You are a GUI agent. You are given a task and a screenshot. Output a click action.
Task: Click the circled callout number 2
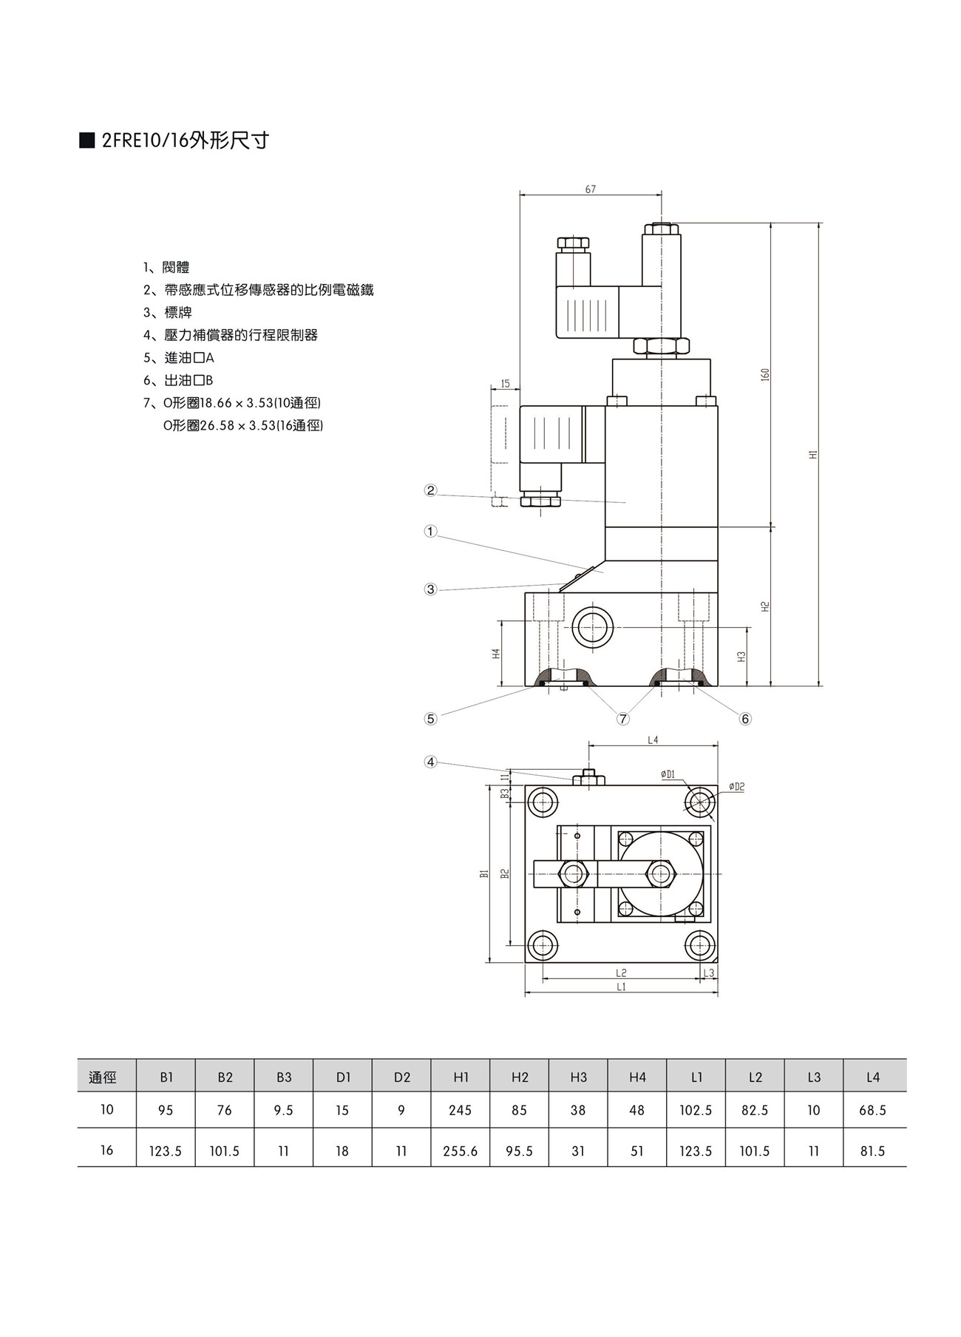pyautogui.click(x=430, y=490)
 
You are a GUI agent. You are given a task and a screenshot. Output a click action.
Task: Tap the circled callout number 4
pyautogui.click(x=430, y=762)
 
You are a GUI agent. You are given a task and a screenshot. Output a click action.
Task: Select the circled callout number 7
pyautogui.click(x=623, y=719)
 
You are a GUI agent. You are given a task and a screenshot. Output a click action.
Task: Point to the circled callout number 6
pyautogui.click(x=745, y=719)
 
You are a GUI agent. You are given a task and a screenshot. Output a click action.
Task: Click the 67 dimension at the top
pyautogui.click(x=591, y=189)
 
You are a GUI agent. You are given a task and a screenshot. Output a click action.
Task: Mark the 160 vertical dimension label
pyautogui.click(x=765, y=374)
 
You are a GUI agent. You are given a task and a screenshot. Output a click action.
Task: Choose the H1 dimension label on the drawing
pyautogui.click(x=812, y=454)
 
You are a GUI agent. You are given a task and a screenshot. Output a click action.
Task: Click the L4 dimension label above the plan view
pyautogui.click(x=652, y=739)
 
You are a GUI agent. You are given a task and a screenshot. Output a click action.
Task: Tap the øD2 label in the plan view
pyautogui.click(x=736, y=787)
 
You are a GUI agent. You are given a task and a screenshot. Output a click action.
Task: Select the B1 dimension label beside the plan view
pyautogui.click(x=484, y=873)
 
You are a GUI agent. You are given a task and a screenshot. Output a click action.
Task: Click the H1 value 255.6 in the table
pyautogui.click(x=460, y=1151)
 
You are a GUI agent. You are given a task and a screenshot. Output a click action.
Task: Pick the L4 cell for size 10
pyautogui.click(x=872, y=1110)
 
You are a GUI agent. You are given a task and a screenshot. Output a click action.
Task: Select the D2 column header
pyautogui.click(x=401, y=1077)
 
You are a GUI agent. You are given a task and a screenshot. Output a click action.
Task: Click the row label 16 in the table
pyautogui.click(x=106, y=1150)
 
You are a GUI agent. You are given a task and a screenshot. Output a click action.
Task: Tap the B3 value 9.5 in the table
pyautogui.click(x=283, y=1110)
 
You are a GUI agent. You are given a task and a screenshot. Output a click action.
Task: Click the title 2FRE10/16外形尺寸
pyautogui.click(x=185, y=141)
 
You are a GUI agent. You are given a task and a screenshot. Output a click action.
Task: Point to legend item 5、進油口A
pyautogui.click(x=179, y=358)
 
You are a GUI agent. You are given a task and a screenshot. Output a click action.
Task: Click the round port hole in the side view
pyautogui.click(x=593, y=628)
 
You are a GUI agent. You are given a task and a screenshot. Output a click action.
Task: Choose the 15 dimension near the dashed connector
pyautogui.click(x=506, y=384)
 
